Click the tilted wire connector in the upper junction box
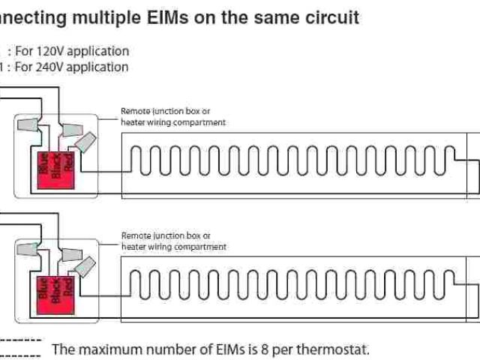coord(87,142)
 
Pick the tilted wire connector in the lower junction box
coord(87,266)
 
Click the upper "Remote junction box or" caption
coord(166,111)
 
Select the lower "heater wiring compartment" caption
coord(173,246)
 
